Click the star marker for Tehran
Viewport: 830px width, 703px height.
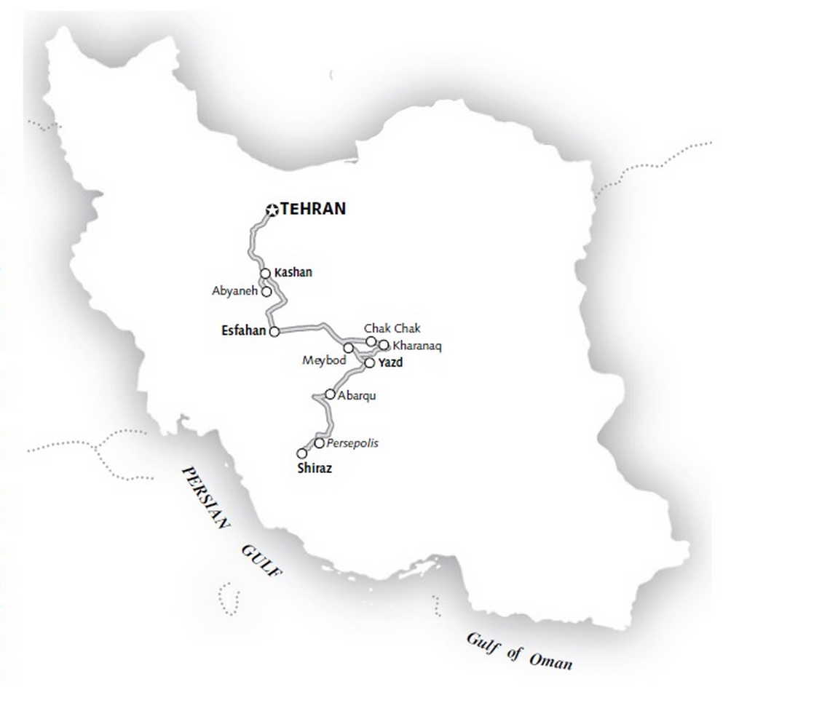click(272, 210)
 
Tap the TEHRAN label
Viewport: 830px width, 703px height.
click(313, 209)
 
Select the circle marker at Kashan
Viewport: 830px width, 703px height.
click(266, 274)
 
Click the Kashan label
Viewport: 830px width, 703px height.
click(293, 273)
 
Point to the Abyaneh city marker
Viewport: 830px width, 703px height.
click(266, 292)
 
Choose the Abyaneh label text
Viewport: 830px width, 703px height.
click(234, 291)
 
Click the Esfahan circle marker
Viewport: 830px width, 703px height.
click(274, 332)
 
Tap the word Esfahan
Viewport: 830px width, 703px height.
click(244, 331)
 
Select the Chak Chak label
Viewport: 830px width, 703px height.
click(392, 329)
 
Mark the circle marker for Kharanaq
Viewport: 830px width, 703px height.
click(384, 345)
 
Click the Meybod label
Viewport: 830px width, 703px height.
click(324, 361)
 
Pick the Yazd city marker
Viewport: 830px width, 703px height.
click(369, 362)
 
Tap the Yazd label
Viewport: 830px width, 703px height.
click(391, 362)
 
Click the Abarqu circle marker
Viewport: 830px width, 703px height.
click(330, 394)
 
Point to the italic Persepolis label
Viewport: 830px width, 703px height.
click(352, 443)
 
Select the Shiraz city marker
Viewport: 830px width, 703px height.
click(302, 453)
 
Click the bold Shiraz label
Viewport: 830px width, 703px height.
click(315, 469)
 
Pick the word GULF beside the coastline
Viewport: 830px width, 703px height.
click(261, 560)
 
